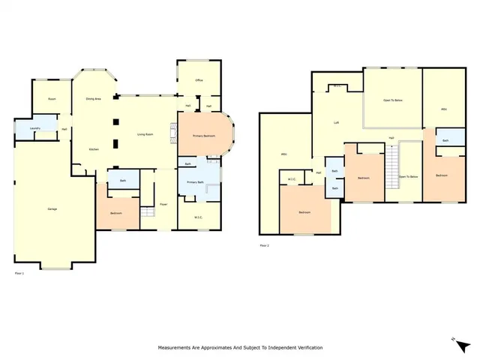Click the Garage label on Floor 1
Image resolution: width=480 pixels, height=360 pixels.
coord(53,208)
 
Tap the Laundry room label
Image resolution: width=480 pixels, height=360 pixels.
coord(34,129)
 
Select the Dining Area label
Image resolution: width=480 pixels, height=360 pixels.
coord(93,98)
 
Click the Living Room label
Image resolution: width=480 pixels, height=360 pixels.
coord(145,134)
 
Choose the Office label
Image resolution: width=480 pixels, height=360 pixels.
coord(199,79)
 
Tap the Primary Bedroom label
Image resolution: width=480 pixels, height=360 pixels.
coord(203,136)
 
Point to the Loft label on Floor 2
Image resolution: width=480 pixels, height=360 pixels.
coord(337,121)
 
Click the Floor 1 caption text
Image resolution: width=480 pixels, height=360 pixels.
coord(20,274)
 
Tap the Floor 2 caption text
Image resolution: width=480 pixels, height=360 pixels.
coord(264,245)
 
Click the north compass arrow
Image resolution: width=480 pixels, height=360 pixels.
coord(454,340)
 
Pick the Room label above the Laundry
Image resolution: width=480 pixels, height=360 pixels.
coord(52,98)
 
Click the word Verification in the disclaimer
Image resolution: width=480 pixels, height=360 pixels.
coord(307,348)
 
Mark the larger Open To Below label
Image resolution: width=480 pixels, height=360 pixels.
coord(392,100)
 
